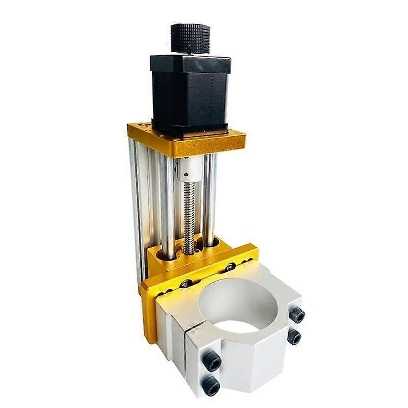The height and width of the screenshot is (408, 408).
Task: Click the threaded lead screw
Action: tap(190, 214)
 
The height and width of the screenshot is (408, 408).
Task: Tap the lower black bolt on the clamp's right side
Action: tap(293, 337)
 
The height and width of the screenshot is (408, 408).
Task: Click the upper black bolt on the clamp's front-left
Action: tap(213, 362)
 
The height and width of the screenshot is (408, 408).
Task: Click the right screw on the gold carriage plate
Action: tap(231, 266)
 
